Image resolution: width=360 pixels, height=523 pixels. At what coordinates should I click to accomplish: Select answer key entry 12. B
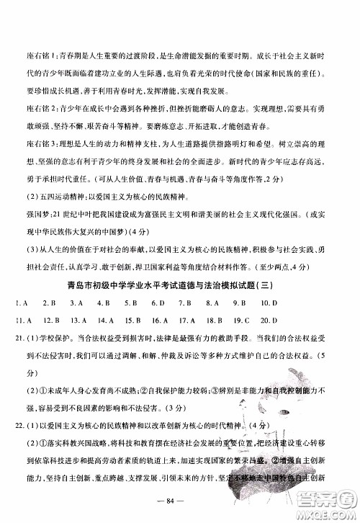pos(50,319)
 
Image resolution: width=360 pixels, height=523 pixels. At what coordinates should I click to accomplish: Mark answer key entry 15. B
pos(132,319)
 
